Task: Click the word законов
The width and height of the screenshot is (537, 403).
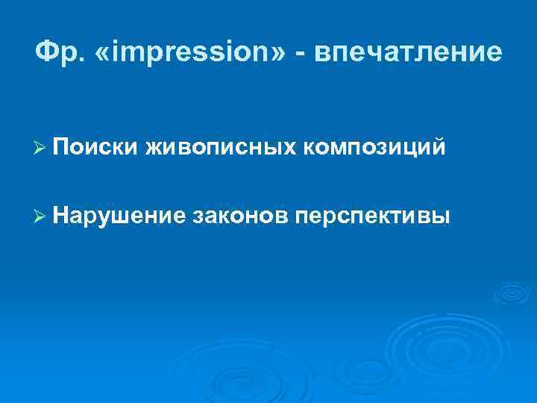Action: point(239,215)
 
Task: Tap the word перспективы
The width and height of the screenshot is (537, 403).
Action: point(372,215)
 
